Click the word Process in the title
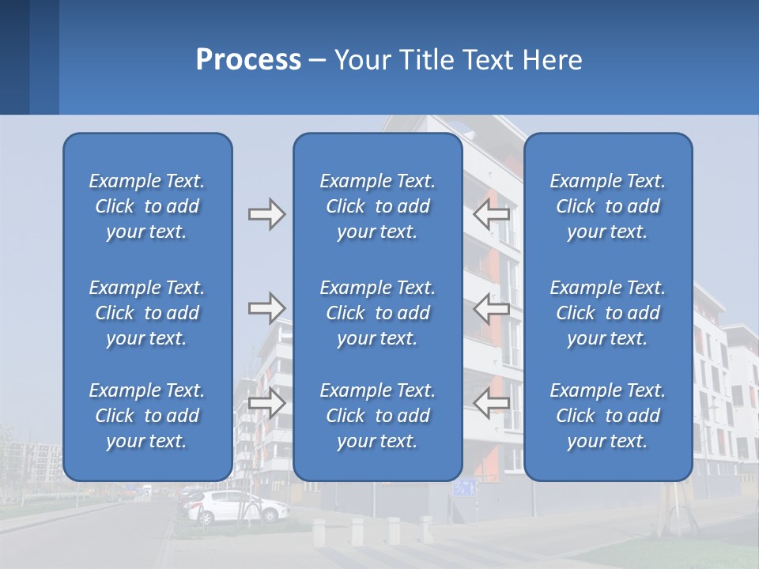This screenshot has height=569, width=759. tap(248, 60)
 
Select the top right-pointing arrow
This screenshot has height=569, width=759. tap(266, 214)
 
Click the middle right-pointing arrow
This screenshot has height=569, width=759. tap(266, 308)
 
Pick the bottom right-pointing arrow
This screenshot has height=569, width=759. tap(266, 403)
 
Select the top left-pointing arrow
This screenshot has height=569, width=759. tap(491, 214)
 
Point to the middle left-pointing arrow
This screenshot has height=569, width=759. tap(491, 308)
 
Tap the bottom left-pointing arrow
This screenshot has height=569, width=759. tap(491, 403)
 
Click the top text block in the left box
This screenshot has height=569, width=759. tap(147, 206)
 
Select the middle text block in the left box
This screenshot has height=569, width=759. tap(147, 313)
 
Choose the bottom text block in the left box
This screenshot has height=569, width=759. tap(147, 416)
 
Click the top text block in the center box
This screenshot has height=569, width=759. tap(377, 206)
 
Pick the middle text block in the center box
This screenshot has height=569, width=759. tap(377, 313)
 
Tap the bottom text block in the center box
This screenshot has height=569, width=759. tap(377, 416)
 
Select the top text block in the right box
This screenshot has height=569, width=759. tap(607, 206)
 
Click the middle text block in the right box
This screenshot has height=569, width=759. tap(607, 313)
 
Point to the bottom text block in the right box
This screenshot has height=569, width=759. tap(607, 416)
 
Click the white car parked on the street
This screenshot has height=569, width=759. tap(237, 507)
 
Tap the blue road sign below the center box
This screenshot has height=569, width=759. tap(465, 488)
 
